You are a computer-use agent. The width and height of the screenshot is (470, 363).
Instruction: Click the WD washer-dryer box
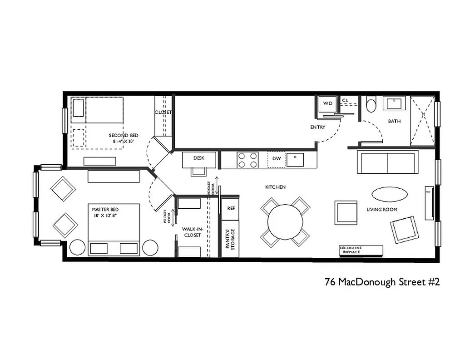327,104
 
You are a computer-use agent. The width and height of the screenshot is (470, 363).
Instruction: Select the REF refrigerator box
231,208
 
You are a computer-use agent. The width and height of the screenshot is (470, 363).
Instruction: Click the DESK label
199,158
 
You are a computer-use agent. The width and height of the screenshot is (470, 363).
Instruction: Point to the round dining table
285,222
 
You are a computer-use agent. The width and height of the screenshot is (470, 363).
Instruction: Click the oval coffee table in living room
389,194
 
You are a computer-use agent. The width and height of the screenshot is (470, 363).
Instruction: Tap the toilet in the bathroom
371,105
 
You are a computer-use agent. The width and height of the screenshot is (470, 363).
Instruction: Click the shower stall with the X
422,121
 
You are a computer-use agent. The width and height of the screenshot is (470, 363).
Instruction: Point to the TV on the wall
429,202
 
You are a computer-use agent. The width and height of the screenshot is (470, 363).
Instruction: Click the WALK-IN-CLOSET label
192,232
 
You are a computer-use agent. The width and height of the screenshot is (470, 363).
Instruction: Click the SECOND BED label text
123,135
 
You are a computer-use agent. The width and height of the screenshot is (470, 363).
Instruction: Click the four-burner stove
247,160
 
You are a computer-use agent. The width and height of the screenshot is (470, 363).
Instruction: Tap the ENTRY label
318,127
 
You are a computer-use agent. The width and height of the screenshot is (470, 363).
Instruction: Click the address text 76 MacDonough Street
382,282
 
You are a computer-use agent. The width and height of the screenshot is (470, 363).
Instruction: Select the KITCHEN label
276,187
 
